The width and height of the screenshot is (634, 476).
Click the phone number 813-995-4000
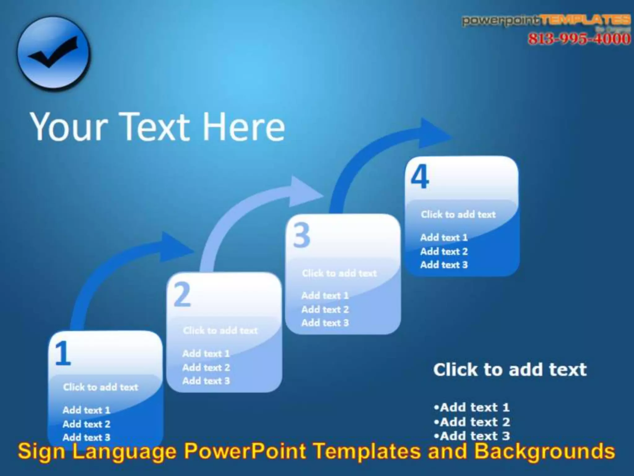click(579, 39)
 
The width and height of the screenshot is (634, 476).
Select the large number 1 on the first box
click(63, 353)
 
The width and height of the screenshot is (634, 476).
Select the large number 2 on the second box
click(182, 295)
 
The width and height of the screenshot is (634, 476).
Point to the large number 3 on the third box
click(301, 236)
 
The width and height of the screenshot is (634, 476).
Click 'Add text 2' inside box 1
click(86, 424)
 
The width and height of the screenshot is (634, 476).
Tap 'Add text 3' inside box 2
click(206, 381)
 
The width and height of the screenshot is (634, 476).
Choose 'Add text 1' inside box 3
click(325, 296)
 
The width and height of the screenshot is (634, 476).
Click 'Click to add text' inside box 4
click(458, 214)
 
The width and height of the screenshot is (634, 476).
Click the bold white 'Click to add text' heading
click(510, 370)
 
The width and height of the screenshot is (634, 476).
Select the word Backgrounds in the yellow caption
click(545, 451)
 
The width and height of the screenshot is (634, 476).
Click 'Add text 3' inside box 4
click(444, 265)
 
